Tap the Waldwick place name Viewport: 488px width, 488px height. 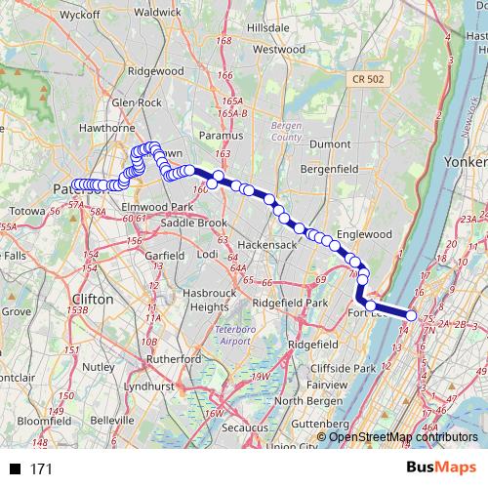[157, 12]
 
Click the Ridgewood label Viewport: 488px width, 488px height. [155, 71]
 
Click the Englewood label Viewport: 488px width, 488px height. [363, 234]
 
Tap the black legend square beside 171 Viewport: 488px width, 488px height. [16, 469]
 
